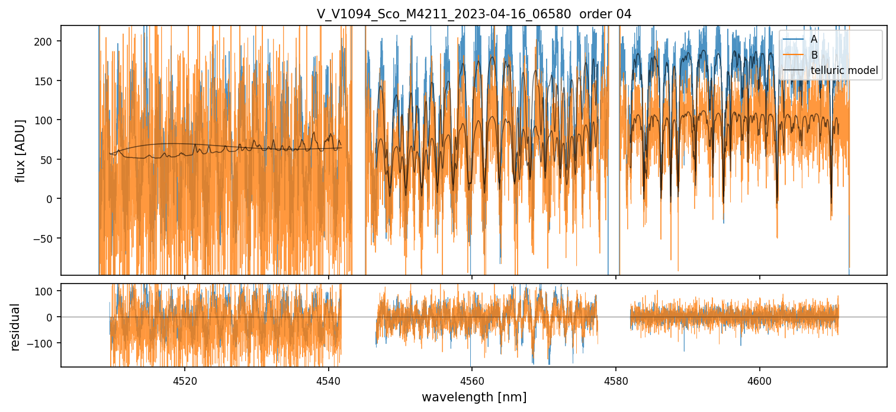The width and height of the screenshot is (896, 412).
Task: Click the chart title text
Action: (474, 14)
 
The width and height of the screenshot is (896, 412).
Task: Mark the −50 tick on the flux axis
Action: (46, 239)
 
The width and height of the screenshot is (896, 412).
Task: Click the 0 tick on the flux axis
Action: (53, 199)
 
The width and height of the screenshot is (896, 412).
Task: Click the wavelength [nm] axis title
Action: (474, 397)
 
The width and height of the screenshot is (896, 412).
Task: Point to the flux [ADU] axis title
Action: (21, 150)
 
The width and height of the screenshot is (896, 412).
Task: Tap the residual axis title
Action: (15, 326)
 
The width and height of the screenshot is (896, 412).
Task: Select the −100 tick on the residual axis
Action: (44, 343)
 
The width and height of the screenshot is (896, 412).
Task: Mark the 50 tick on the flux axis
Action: (50, 160)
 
